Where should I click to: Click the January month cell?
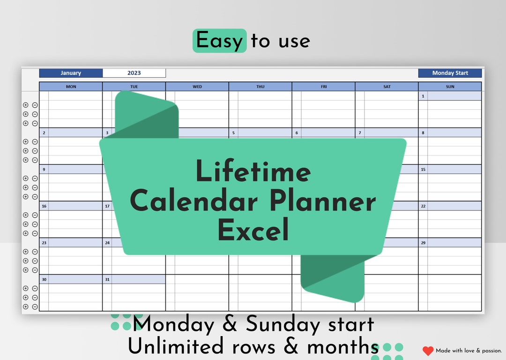point(71,73)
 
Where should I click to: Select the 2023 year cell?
point(134,73)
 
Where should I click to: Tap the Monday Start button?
point(450,73)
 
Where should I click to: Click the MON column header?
point(71,87)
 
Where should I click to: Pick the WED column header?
point(197,87)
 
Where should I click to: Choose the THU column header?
point(260,87)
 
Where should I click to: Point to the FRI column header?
point(324,87)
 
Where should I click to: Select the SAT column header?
point(387,87)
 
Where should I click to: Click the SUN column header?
point(450,87)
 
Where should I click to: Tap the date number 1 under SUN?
point(423,96)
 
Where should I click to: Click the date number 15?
point(423,169)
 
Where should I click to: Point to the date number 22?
point(423,206)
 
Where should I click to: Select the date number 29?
point(423,243)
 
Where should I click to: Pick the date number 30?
point(44,279)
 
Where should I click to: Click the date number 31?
point(107,279)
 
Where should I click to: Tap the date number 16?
point(44,206)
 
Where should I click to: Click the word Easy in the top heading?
point(219,41)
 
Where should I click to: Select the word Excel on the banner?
point(253,231)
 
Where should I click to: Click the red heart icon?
point(428,351)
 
